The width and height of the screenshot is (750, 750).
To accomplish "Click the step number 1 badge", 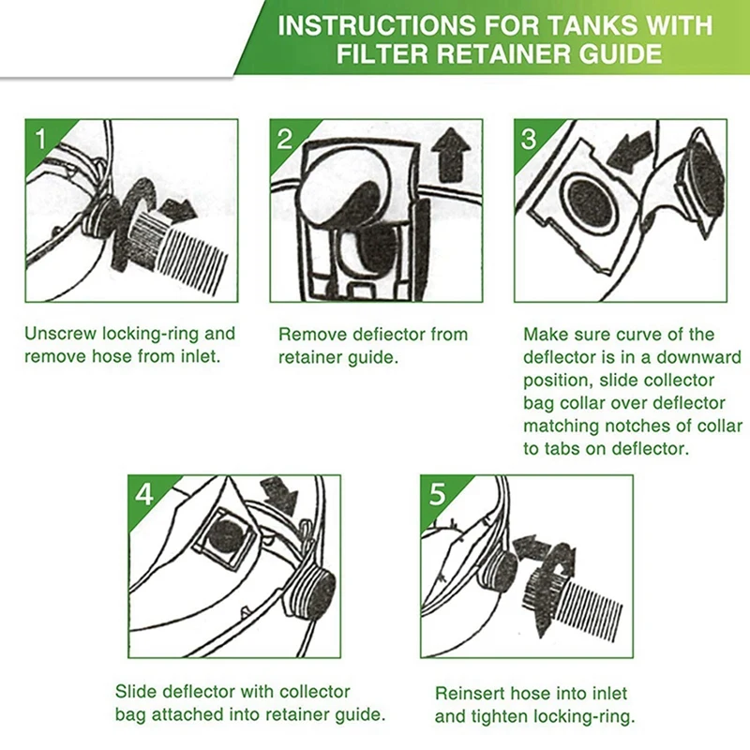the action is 40,139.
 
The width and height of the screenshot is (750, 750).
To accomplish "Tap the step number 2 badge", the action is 285,139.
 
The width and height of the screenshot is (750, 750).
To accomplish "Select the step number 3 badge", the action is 529,139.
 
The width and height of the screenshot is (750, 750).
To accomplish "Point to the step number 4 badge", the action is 143,494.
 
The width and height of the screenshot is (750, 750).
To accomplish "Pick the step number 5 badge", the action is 437,494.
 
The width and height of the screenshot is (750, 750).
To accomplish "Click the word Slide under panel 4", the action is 136,692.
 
